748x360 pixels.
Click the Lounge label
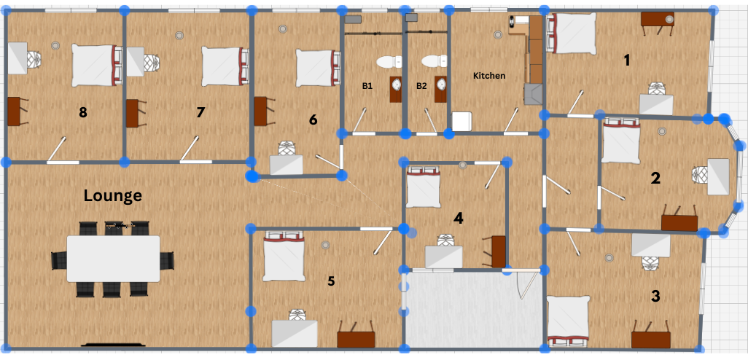(x=112, y=195)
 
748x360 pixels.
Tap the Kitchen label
(x=489, y=75)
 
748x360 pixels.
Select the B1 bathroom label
(x=367, y=86)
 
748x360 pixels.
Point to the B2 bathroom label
(x=421, y=86)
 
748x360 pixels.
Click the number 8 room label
(x=83, y=112)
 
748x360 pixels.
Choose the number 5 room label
(x=331, y=281)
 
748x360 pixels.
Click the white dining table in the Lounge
(x=113, y=259)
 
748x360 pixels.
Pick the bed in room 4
(x=423, y=187)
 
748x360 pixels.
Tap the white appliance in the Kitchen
(x=461, y=121)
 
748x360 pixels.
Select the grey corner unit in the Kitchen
(x=533, y=93)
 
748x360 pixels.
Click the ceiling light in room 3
(x=609, y=257)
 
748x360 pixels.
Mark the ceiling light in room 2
(x=662, y=131)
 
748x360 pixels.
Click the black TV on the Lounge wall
(x=113, y=344)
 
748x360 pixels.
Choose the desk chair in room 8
(x=34, y=60)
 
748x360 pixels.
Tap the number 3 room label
(x=655, y=296)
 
